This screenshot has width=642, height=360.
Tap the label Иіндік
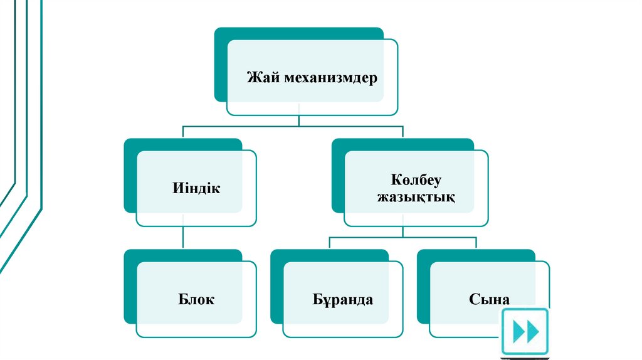(196, 188)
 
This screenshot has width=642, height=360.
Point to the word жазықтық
(416, 197)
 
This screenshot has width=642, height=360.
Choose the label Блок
(196, 299)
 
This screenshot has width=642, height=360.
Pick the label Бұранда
(343, 299)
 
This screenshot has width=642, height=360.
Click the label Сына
(489, 299)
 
